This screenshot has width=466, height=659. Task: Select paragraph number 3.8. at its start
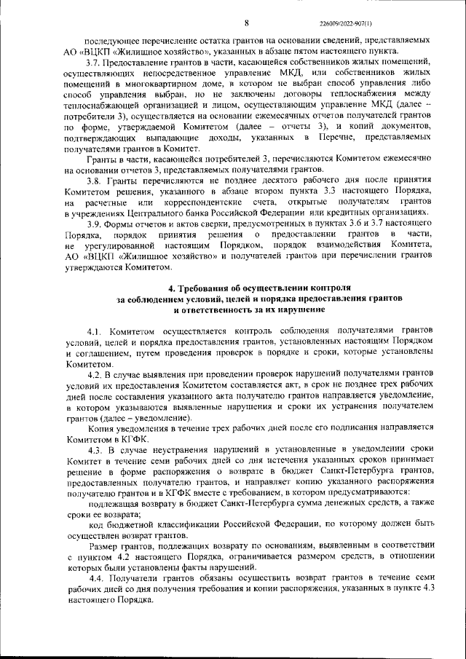(95, 180)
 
